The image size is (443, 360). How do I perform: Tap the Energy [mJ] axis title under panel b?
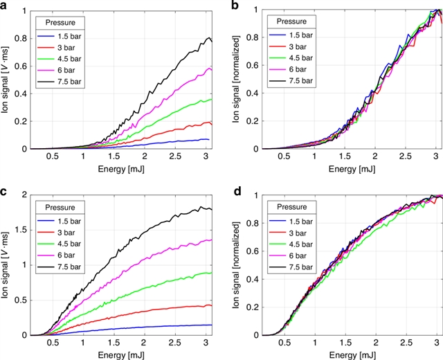(339, 169)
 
